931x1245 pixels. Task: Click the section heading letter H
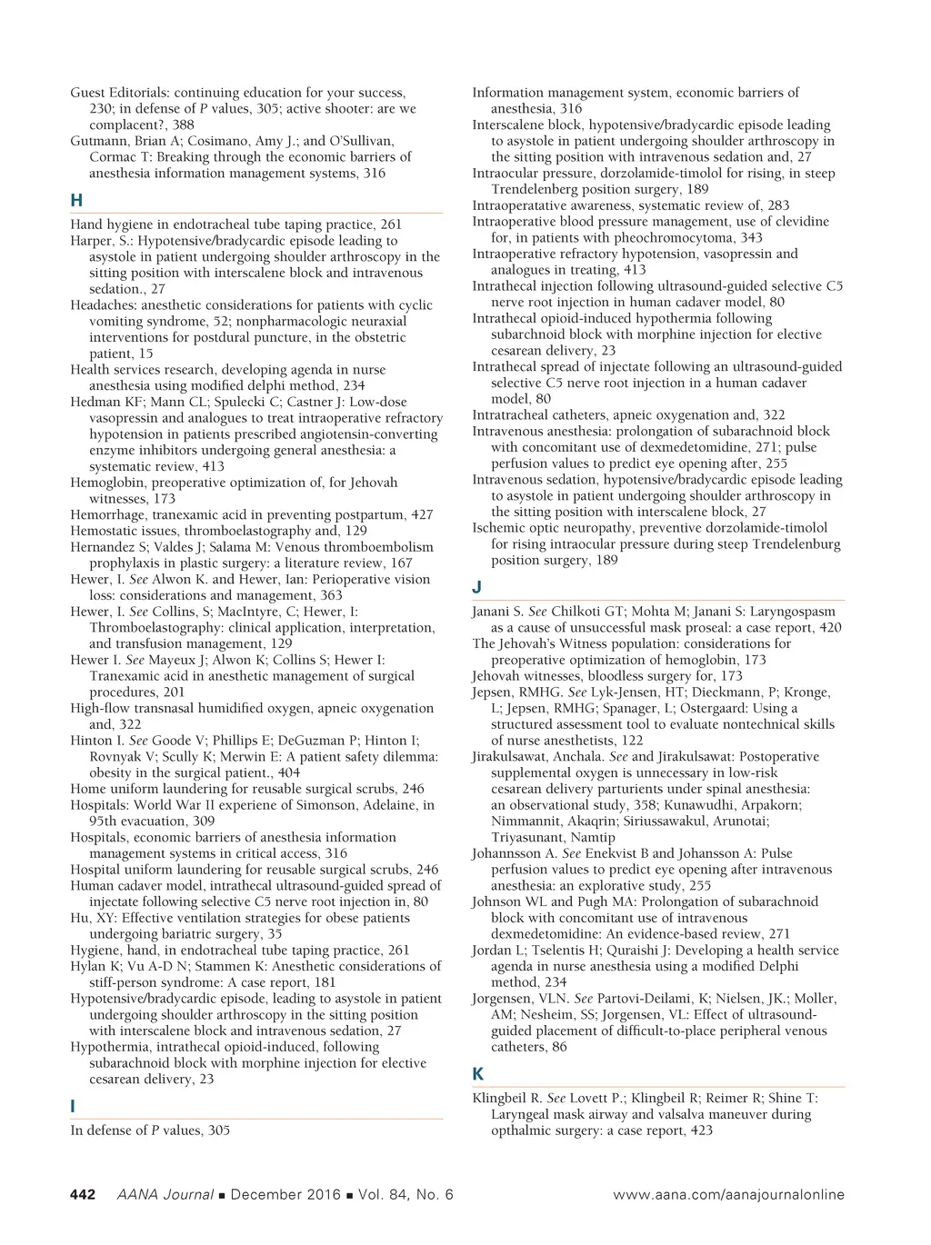tap(76, 201)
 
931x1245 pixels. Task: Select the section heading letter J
tap(477, 587)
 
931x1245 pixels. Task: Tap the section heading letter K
tap(478, 1074)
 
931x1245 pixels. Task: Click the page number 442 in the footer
tap(83, 1195)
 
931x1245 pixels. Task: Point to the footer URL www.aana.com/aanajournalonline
tap(728, 1195)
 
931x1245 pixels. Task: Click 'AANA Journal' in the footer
tap(165, 1195)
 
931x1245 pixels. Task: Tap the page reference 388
tap(183, 125)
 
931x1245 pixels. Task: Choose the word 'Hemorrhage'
tap(106, 515)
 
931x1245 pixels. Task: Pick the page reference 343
tap(751, 238)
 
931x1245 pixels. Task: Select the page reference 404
tap(289, 772)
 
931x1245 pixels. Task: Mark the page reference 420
tap(830, 628)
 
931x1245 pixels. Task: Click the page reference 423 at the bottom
tap(701, 1130)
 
